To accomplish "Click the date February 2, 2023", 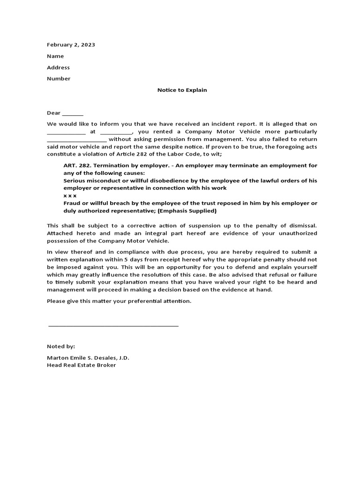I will pos(71,45).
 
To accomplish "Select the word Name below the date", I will pos(55,56).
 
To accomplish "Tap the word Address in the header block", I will pos(58,67).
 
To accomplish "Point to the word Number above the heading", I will pos(59,79).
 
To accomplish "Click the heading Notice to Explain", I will pos(182,90).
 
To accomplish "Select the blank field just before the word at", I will pos(66,133).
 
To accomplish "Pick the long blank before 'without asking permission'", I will pos(77,140).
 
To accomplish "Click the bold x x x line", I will pos(70,195).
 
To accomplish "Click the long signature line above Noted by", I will pos(113,325).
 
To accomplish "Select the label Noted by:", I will pos(61,346).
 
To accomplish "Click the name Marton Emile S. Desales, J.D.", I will pos(88,358).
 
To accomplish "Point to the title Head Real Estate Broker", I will pos(81,365).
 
